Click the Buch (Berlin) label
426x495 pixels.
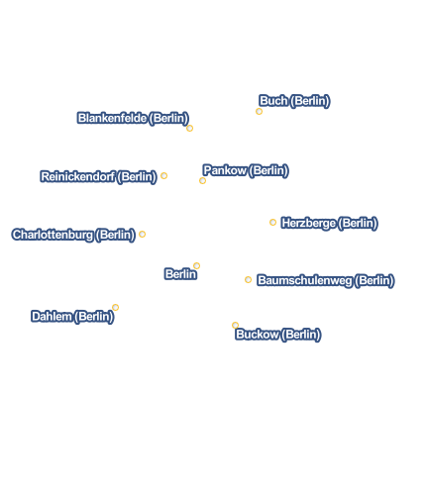(294, 101)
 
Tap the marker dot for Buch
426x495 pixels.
(259, 112)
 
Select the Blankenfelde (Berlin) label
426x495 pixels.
(133, 118)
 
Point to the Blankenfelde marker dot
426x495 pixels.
(189, 128)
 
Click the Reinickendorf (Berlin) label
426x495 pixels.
(98, 177)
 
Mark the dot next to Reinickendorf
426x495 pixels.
(163, 175)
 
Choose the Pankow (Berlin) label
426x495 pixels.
(246, 170)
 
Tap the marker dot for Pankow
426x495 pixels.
(202, 180)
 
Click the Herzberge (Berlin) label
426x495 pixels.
(329, 224)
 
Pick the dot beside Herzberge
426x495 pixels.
(272, 222)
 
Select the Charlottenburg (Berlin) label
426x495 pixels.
(73, 235)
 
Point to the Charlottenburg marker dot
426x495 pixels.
(142, 234)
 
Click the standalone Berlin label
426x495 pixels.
(180, 274)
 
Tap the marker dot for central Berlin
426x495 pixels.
(196, 265)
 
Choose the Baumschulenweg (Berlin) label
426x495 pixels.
(326, 280)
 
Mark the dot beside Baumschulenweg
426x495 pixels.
(248, 279)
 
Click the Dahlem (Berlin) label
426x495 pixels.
(72, 317)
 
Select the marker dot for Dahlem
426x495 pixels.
(115, 307)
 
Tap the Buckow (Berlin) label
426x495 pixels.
(278, 335)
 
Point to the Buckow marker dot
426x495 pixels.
(235, 325)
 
